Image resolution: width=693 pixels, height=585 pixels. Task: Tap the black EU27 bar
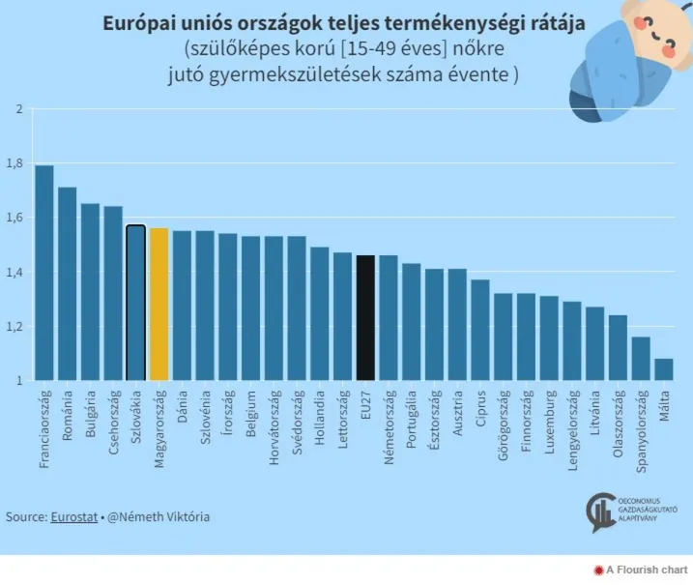[x=365, y=318]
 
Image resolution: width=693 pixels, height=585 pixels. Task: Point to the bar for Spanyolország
[x=640, y=359]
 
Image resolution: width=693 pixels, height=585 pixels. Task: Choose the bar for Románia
[x=68, y=284]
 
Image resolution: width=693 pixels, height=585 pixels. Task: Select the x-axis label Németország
[x=389, y=426]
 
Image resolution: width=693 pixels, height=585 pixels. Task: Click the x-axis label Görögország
[x=503, y=426]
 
